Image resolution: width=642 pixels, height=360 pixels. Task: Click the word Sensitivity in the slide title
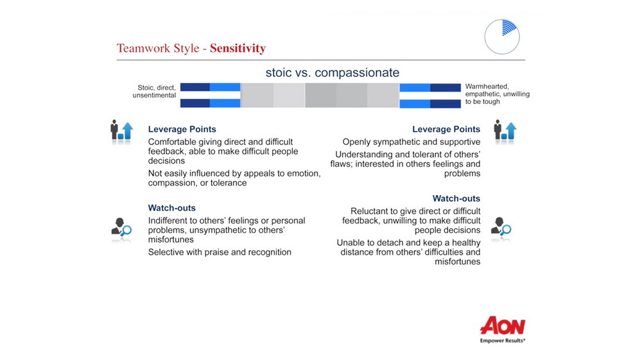coord(238,49)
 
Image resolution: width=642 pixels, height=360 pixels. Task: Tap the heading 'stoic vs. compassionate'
coord(332,73)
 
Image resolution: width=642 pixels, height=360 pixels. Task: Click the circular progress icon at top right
coord(501,36)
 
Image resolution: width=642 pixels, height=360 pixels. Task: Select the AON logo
coord(502,325)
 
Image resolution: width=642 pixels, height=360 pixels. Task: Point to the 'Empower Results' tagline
coord(503,341)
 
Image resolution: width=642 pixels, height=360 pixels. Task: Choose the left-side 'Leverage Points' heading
coord(182,129)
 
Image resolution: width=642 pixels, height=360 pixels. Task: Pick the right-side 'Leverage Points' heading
coord(446,129)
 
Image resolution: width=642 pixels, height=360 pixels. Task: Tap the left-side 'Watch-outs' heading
coord(171,208)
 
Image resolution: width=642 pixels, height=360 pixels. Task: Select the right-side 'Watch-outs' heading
coord(456,198)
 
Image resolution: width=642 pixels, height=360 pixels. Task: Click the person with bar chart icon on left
coord(121,130)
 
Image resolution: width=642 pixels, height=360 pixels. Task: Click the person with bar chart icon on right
coord(505,130)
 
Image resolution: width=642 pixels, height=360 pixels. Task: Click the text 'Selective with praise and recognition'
coord(220,252)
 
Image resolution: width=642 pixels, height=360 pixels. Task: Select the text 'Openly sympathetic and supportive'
coord(411,142)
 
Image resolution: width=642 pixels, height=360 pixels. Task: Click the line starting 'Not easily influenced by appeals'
coord(234,173)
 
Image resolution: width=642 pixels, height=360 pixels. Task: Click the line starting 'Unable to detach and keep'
coord(408,243)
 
